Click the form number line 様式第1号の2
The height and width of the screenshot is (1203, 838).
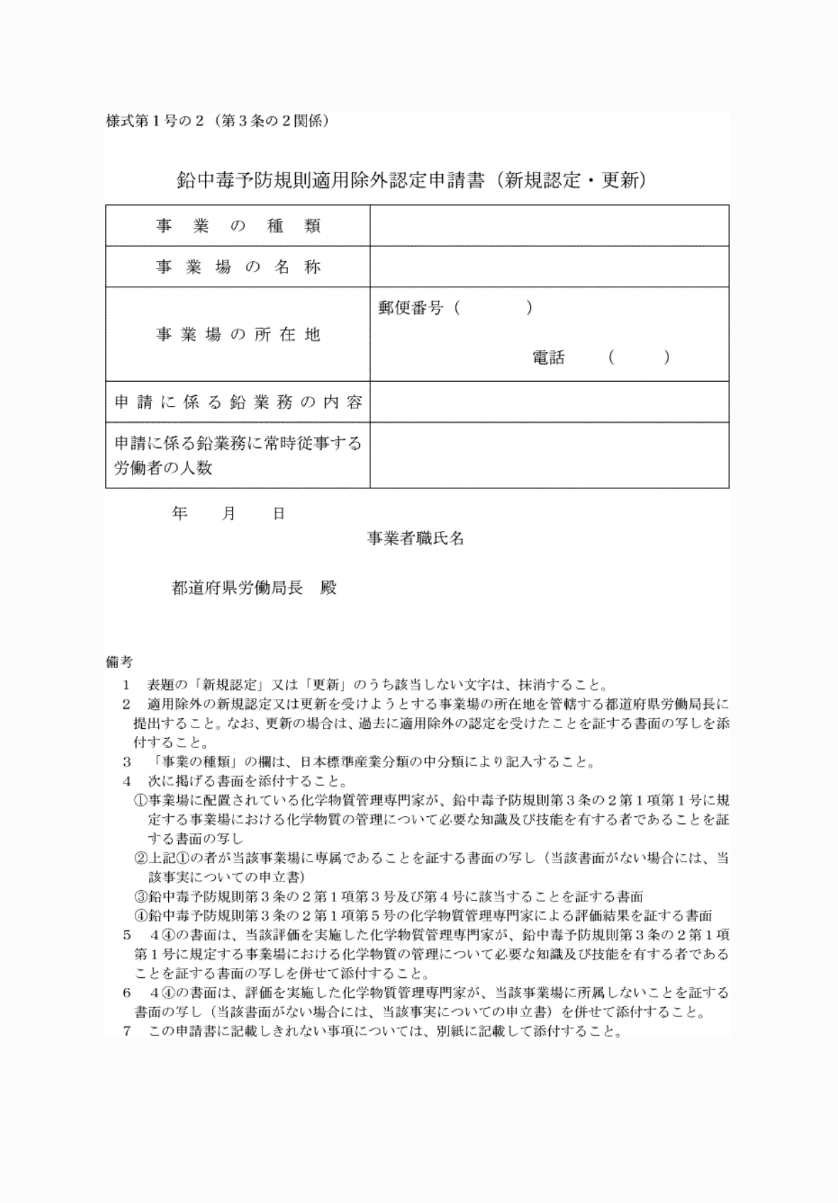coord(217,121)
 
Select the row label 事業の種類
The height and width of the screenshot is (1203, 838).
coord(238,226)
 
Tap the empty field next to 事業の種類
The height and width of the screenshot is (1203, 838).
coord(549,226)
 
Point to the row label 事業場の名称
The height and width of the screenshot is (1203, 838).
coord(238,268)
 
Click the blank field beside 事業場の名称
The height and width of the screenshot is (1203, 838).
coord(549,268)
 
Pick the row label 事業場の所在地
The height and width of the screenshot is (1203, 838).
coord(238,334)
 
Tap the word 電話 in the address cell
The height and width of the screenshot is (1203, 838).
coord(548,358)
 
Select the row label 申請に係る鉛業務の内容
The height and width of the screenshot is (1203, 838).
coord(238,402)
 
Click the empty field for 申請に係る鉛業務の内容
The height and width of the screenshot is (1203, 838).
coord(549,402)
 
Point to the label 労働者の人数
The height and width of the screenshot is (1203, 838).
coord(163,468)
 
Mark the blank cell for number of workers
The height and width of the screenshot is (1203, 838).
coord(549,455)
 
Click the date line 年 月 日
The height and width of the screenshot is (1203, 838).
coord(228,513)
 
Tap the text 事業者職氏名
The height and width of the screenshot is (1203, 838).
coord(415,539)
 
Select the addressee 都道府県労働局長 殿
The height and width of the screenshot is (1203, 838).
coord(254,588)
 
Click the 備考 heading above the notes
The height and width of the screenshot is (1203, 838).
coord(118,662)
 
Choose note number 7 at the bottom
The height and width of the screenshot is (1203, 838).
coord(127,1031)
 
